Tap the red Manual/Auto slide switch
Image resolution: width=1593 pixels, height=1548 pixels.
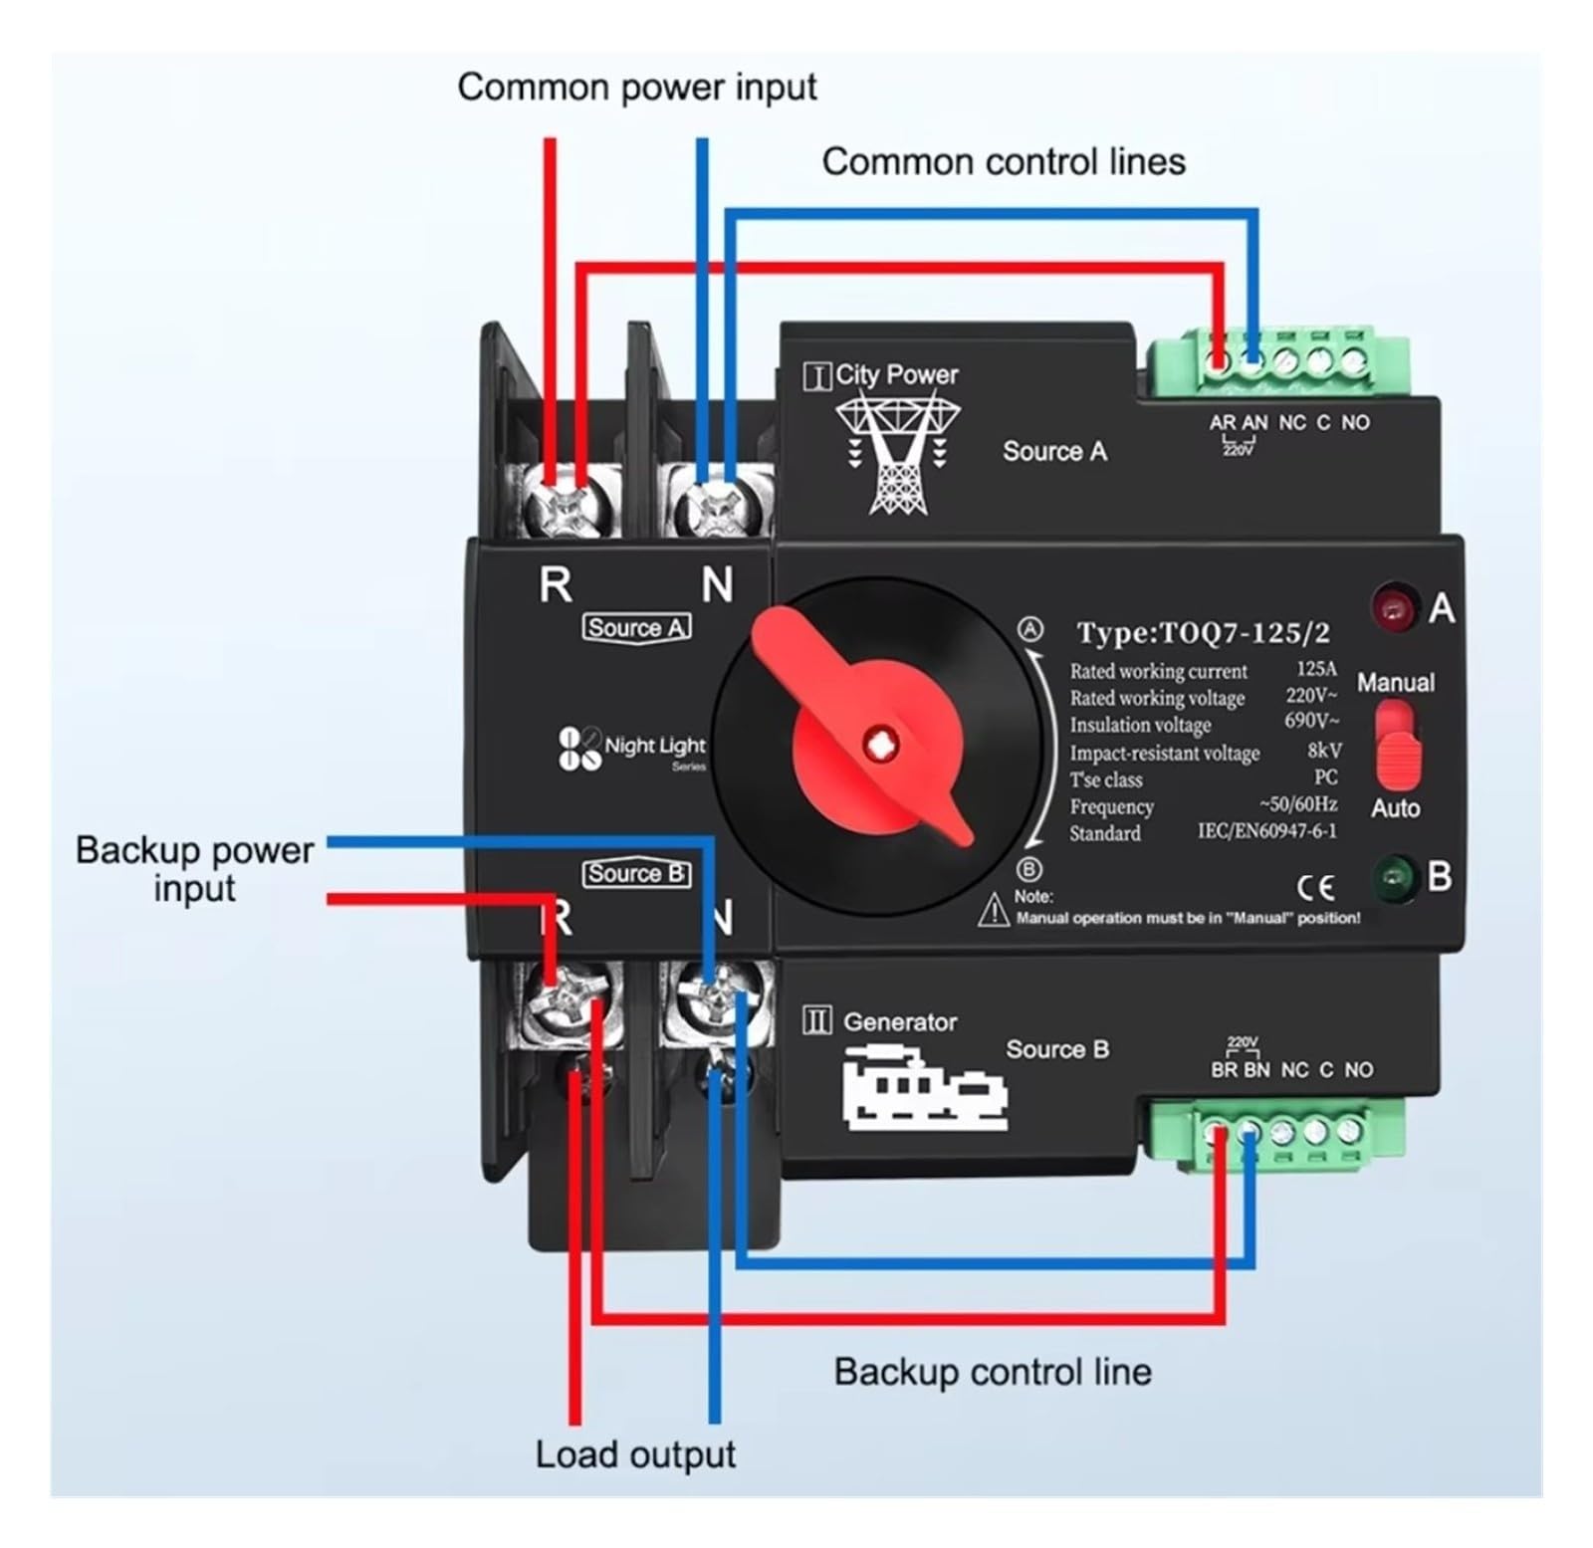pyautogui.click(x=1396, y=746)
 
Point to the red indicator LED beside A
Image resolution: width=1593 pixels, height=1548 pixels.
pyautogui.click(x=1394, y=606)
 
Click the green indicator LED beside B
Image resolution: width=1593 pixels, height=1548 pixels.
pyautogui.click(x=1394, y=876)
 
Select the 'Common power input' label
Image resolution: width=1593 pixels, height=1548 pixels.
pyautogui.click(x=637, y=88)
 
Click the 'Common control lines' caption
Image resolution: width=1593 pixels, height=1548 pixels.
pyautogui.click(x=1004, y=161)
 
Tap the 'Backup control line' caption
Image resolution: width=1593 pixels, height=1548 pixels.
pyautogui.click(x=993, y=1372)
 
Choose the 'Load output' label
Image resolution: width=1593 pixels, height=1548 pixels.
pyautogui.click(x=635, y=1454)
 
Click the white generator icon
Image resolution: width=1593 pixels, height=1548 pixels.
pyautogui.click(x=924, y=1087)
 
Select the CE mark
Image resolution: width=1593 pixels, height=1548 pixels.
pyautogui.click(x=1314, y=886)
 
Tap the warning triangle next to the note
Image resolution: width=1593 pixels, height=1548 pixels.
pyautogui.click(x=993, y=909)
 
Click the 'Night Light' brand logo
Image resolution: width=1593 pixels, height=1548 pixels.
pyautogui.click(x=631, y=750)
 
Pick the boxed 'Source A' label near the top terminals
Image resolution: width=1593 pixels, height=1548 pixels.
pyautogui.click(x=636, y=628)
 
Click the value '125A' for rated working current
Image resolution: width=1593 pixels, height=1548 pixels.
pyautogui.click(x=1316, y=669)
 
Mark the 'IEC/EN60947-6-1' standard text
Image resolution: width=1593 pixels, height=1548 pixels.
pyautogui.click(x=1266, y=830)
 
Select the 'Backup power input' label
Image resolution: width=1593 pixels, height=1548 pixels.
pyautogui.click(x=194, y=869)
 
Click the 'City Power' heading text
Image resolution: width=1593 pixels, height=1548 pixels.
pyautogui.click(x=896, y=374)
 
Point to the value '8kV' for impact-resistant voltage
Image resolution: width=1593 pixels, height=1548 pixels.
pyautogui.click(x=1324, y=751)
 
